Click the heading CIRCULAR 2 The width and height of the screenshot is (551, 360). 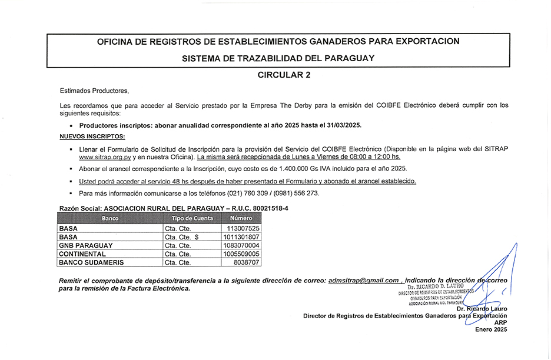coord(283,75)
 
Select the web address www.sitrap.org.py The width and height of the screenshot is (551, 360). coord(105,158)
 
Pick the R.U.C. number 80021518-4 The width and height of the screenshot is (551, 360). coord(270,208)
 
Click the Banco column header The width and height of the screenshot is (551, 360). coord(110,218)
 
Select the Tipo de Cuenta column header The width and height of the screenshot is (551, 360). coord(192,218)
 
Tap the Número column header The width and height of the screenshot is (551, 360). coord(241,218)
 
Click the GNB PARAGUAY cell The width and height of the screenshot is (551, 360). coord(86,245)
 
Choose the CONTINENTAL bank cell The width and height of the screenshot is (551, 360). coord(82,254)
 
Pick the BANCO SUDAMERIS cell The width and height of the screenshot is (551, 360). coord(91,262)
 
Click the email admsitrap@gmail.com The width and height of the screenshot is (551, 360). coord(363,281)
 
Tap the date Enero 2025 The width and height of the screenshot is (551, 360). coord(490,330)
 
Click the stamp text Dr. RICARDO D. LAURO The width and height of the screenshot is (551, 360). coord(439,286)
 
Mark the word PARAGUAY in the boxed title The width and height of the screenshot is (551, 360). coord(346,58)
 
